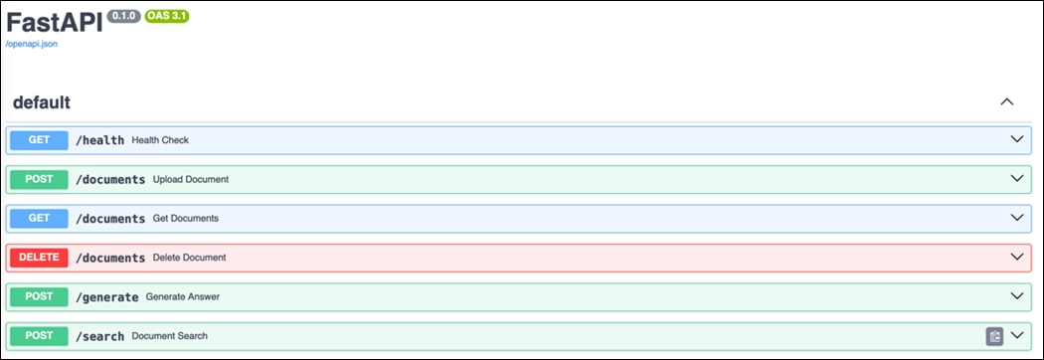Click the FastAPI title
tap(54, 21)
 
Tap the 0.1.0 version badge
tap(123, 17)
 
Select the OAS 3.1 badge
tap(167, 17)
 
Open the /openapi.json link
tap(31, 45)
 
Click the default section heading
tap(42, 102)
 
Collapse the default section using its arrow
tap(1006, 102)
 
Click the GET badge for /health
tap(39, 140)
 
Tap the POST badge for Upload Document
tap(39, 179)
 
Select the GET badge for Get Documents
tap(39, 218)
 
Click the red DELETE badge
tap(39, 258)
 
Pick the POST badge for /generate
tap(39, 296)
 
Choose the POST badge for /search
tap(39, 336)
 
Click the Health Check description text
tap(160, 140)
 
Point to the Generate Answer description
tap(183, 296)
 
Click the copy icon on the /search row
tap(993, 336)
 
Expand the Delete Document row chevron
tap(1016, 257)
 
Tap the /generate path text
tap(106, 296)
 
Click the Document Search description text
tap(169, 336)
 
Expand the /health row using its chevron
tap(1016, 139)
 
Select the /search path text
tap(99, 336)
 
